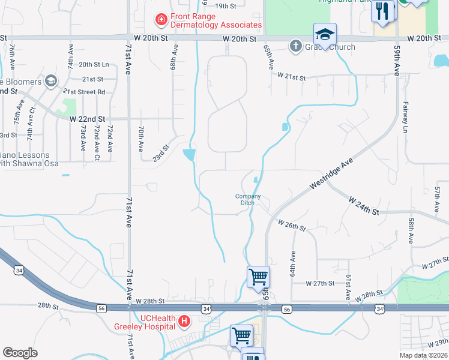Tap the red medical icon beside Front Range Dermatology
tap(161, 21)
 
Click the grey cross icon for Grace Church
tap(295, 46)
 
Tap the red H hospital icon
tap(184, 322)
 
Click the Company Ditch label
tap(248, 199)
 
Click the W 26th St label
tap(291, 226)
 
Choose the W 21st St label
tap(291, 77)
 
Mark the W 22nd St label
tap(87, 119)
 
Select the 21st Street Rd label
tap(84, 92)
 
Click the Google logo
tap(20, 353)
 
